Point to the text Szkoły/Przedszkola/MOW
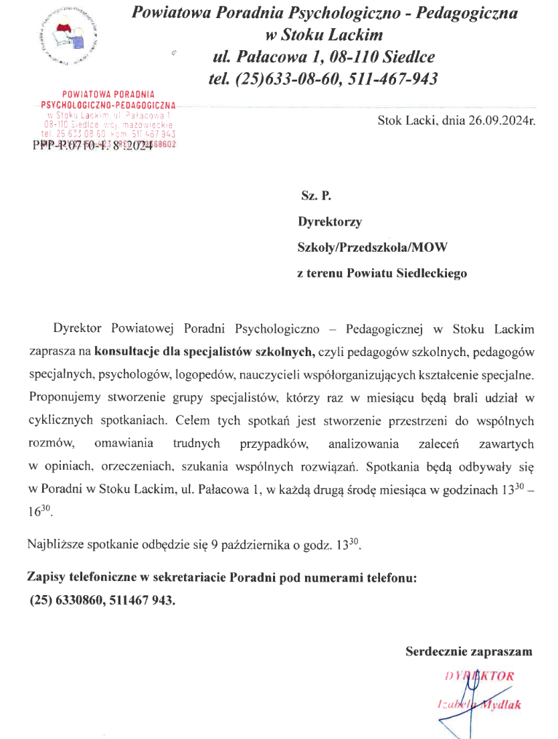(372, 248)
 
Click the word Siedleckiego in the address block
(432, 273)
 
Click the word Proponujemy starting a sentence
(70, 398)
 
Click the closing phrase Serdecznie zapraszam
(468, 651)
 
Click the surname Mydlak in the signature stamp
(502, 704)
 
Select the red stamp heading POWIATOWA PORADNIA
(108, 95)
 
